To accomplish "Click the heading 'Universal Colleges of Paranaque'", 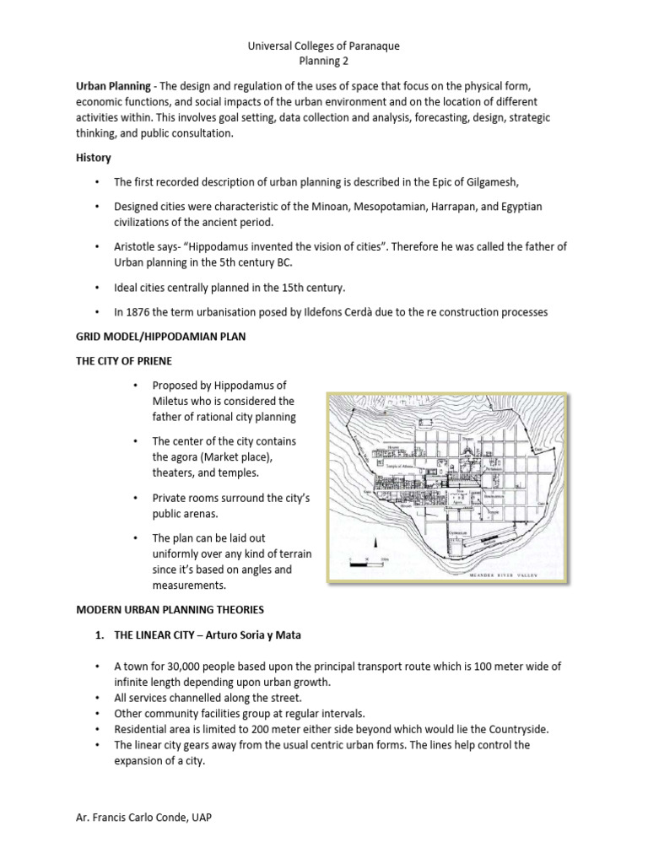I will point(323,46).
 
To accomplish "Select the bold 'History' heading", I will point(94,158).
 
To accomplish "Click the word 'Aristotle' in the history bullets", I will point(136,246).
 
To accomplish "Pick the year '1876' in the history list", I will point(140,312).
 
